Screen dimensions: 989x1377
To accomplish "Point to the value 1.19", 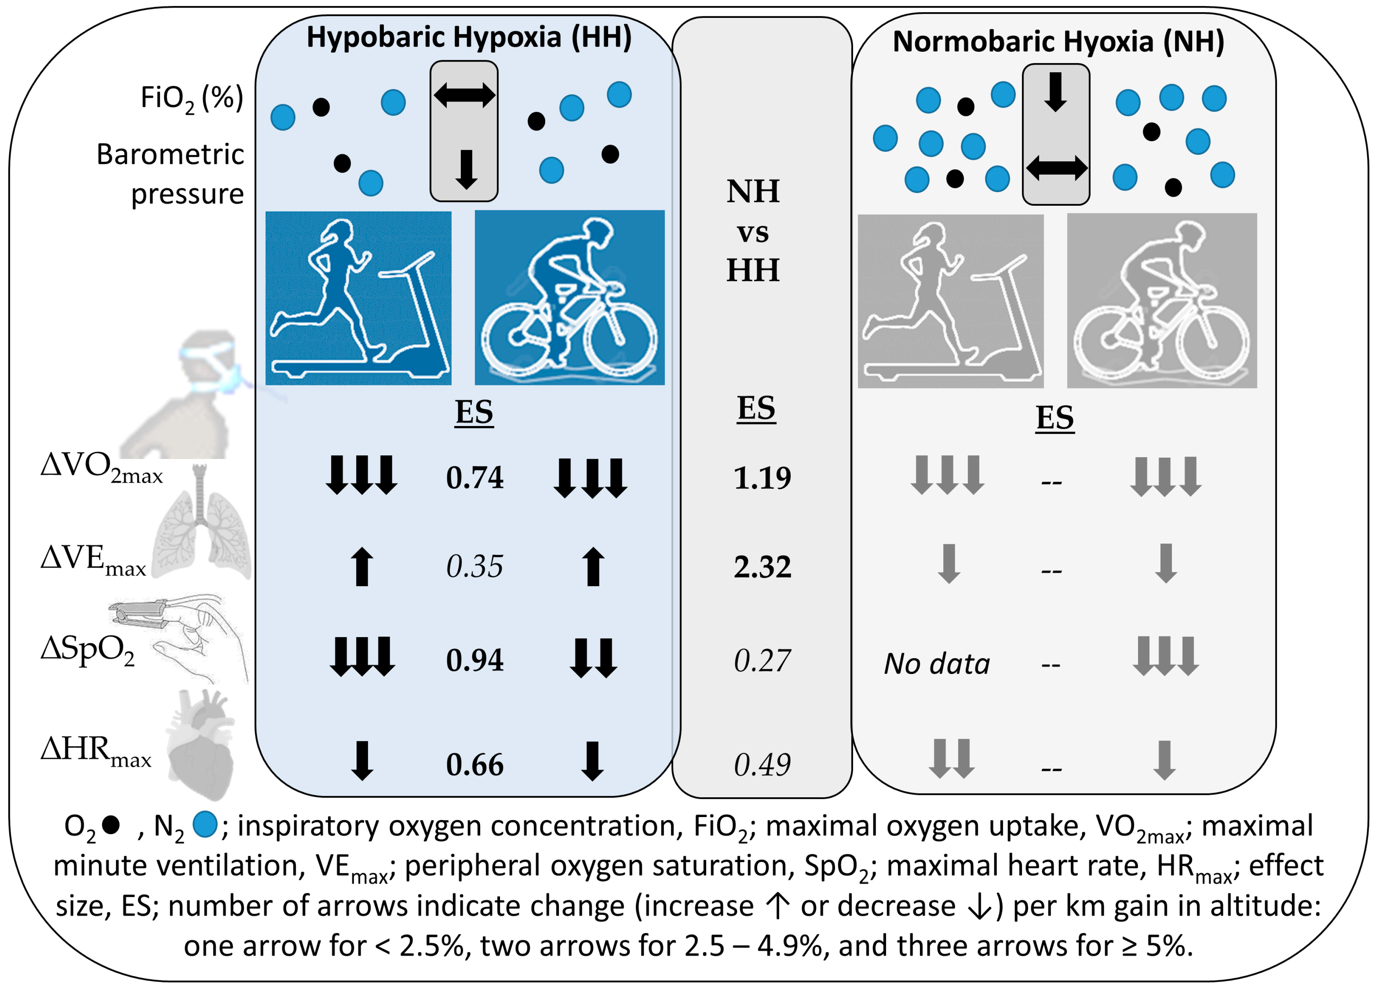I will pyautogui.click(x=762, y=478).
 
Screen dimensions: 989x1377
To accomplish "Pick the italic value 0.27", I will pyautogui.click(x=762, y=661).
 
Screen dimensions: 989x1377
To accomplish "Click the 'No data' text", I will pyautogui.click(x=937, y=664).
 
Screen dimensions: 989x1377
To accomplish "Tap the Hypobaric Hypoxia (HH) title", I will pyautogui.click(x=469, y=38).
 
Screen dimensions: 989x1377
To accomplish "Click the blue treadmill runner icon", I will pyautogui.click(x=358, y=298).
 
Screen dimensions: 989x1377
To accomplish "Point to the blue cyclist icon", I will pyautogui.click(x=570, y=297).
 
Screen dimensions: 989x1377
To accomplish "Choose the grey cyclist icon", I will pyautogui.click(x=1162, y=301).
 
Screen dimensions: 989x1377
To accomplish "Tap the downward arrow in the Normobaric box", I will pyautogui.click(x=1056, y=92).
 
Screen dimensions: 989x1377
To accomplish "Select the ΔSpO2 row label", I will pyautogui.click(x=88, y=650).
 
